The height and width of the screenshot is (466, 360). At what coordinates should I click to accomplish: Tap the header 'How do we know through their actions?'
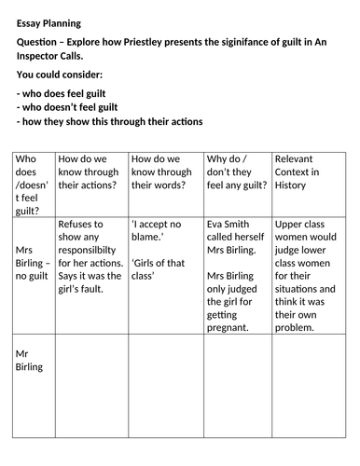[x=89, y=171]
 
